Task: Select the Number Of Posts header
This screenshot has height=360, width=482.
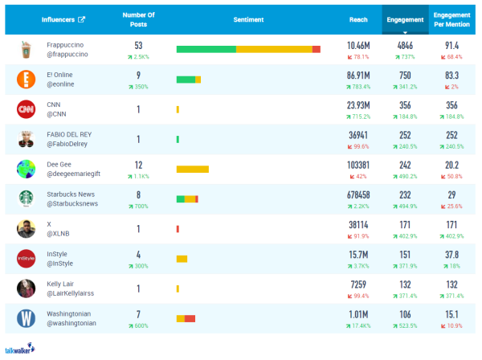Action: click(x=139, y=18)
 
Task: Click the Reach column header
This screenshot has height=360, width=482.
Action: click(x=358, y=18)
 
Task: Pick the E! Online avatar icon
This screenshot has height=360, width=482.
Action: click(x=27, y=79)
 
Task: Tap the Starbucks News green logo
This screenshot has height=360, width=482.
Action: click(x=27, y=198)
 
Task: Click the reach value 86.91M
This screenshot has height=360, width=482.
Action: click(x=358, y=74)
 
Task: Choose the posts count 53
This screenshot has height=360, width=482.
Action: click(x=139, y=45)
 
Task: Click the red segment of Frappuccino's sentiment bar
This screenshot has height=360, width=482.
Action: click(x=317, y=49)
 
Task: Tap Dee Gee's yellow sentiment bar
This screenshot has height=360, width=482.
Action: click(x=192, y=169)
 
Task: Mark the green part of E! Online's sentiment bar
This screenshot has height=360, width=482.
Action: click(x=186, y=79)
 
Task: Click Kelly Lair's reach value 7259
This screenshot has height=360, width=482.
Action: click(x=358, y=284)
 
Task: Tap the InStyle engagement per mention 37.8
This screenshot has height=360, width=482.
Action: click(x=451, y=254)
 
